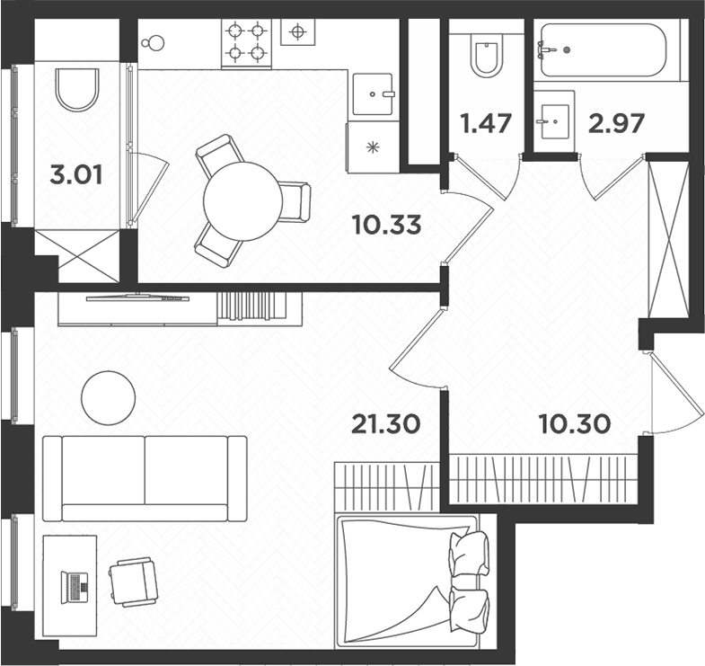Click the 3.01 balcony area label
coord(76,174)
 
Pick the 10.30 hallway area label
coord(574,422)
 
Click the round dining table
coord(242,200)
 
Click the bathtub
coord(602,50)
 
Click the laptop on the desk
coord(75,585)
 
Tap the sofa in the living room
coord(145,477)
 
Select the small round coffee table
coord(109,396)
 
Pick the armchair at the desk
coord(132,582)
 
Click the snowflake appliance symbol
coord(372,147)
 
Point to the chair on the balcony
coord(77,89)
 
